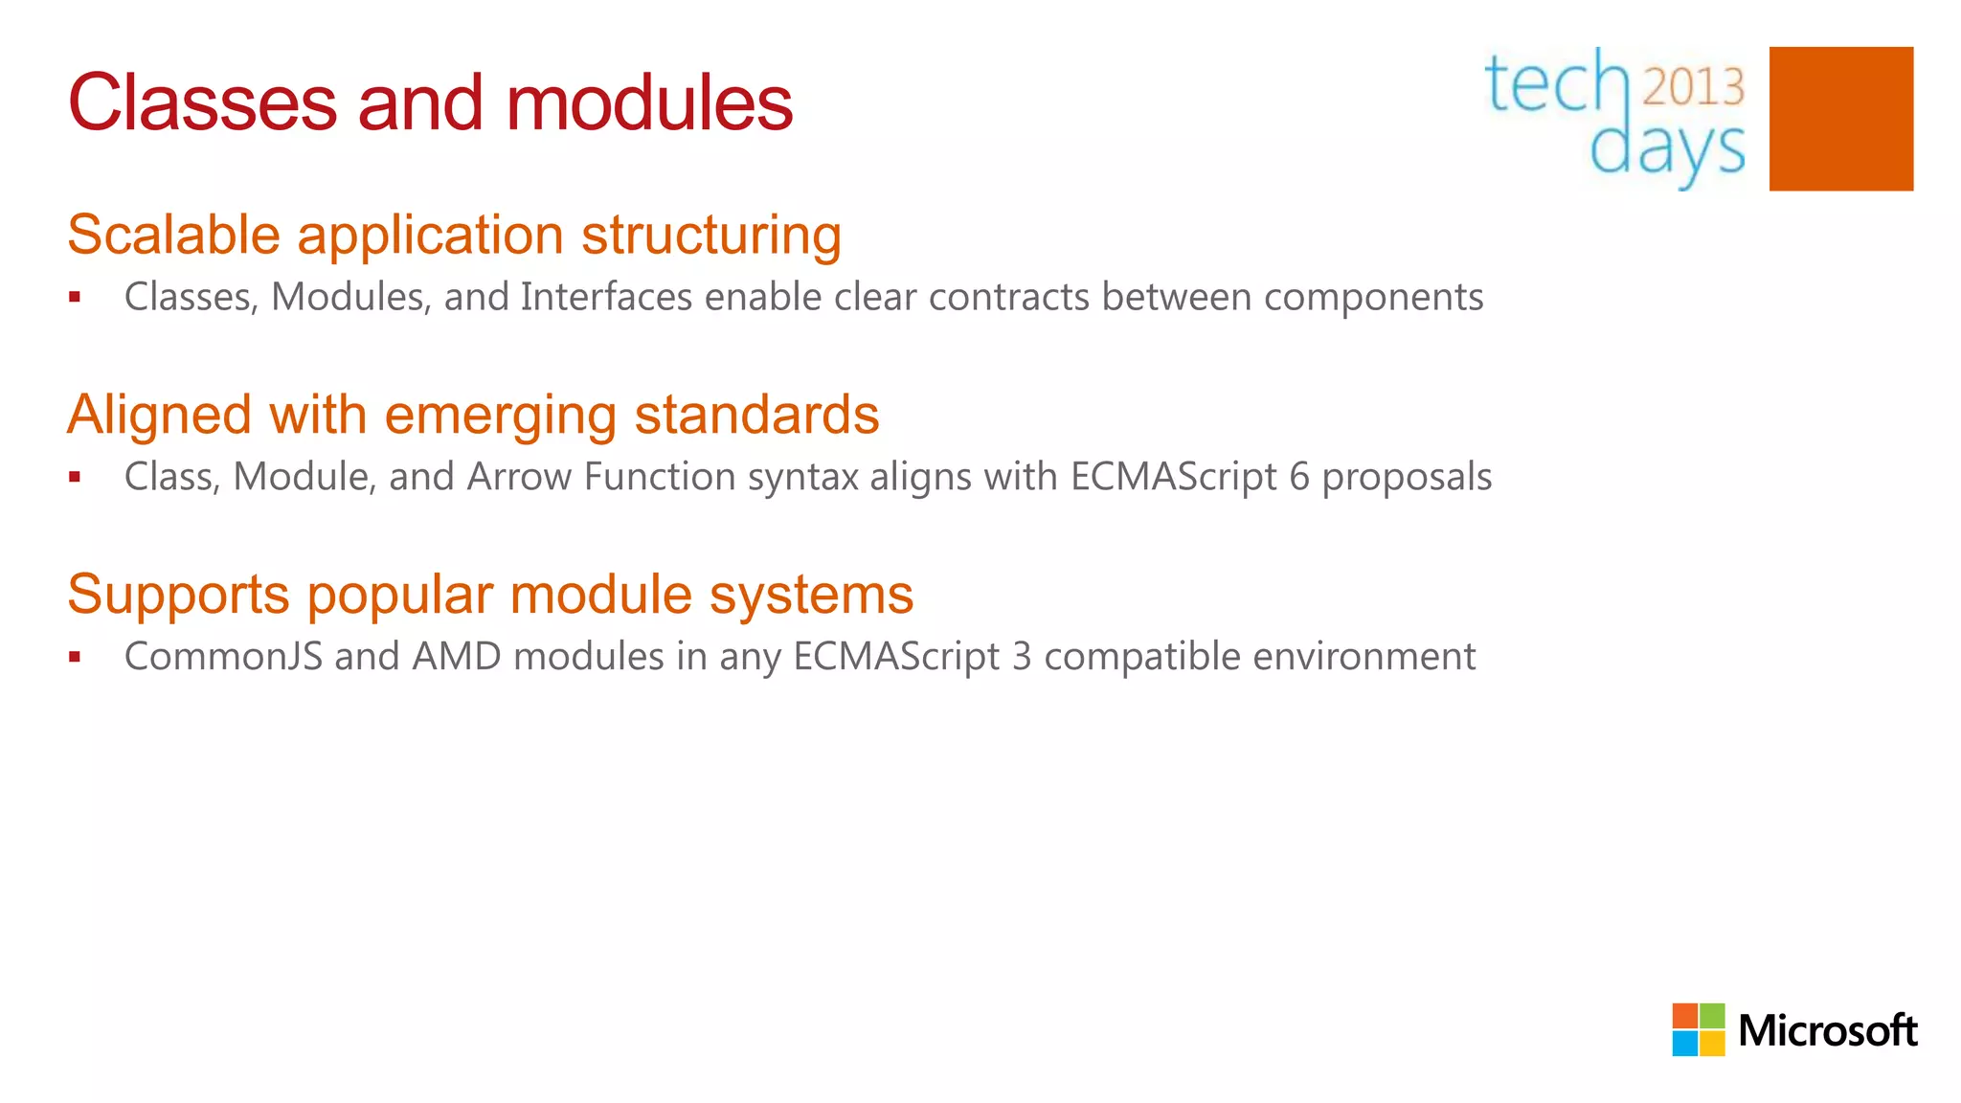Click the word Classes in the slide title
click(x=202, y=103)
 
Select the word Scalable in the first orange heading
click(x=173, y=235)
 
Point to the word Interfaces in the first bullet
click(x=606, y=297)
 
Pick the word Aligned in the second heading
click(x=160, y=415)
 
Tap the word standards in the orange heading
click(x=756, y=415)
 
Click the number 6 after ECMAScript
click(x=1299, y=477)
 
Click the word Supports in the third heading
click(x=178, y=596)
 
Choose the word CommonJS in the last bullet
click(x=223, y=657)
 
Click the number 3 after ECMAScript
click(x=1022, y=657)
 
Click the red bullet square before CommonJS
click(x=75, y=657)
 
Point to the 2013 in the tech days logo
click(x=1694, y=87)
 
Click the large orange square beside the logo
click(x=1840, y=119)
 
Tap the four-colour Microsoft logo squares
click(x=1698, y=1029)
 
